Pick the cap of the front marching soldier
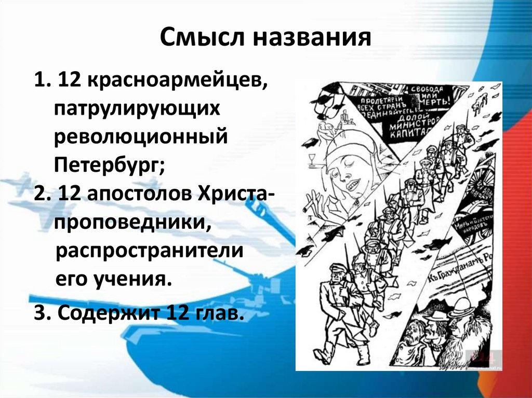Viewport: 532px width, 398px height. coord(336,267)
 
